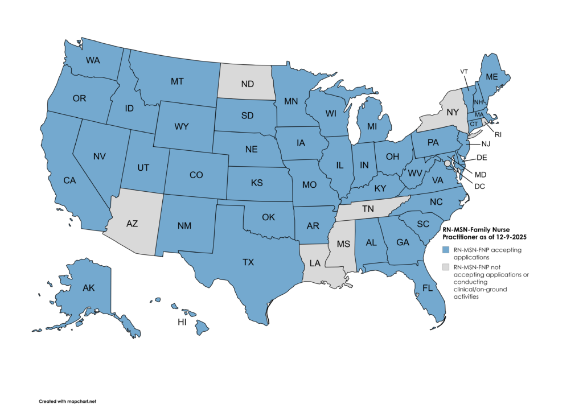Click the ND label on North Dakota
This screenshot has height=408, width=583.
(x=247, y=84)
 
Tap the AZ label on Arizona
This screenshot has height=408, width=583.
(x=132, y=224)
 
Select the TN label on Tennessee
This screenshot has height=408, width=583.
(x=368, y=209)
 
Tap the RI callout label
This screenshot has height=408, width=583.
(x=498, y=135)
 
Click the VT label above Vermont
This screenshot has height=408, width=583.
(x=464, y=71)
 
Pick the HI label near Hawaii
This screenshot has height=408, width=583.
(x=182, y=322)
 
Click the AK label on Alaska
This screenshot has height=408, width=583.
(x=88, y=288)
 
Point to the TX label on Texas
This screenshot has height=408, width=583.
(x=248, y=262)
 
